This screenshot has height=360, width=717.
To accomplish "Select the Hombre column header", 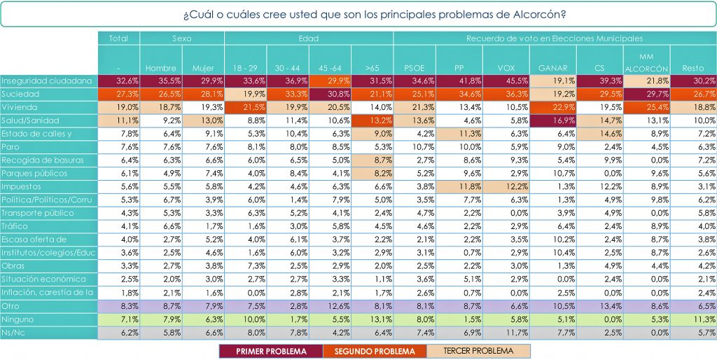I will click(x=161, y=68).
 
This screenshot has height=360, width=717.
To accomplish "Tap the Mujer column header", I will click(x=203, y=68).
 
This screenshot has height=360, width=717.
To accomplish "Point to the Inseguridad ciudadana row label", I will click(x=48, y=81).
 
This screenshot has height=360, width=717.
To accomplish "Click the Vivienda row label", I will click(x=48, y=107).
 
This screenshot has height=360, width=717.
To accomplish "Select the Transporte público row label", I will click(x=48, y=213).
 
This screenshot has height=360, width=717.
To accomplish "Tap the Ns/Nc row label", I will click(x=48, y=333).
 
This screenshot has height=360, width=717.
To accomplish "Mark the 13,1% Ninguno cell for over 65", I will click(x=373, y=319).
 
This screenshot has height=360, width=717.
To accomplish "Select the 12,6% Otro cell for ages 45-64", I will click(x=330, y=306).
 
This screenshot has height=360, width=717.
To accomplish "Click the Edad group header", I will click(x=309, y=39).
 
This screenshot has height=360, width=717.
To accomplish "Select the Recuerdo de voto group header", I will click(x=555, y=39).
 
